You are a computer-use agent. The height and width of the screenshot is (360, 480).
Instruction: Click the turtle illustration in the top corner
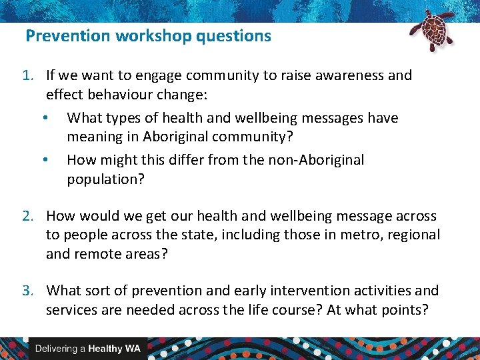(x=431, y=30)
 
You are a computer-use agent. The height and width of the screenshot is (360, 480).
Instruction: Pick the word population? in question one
(x=105, y=179)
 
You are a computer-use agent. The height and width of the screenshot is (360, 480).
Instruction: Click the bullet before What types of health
(x=44, y=119)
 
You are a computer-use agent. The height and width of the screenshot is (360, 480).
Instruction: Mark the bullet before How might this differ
(x=44, y=161)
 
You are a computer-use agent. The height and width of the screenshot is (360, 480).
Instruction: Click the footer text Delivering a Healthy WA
(x=87, y=349)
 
